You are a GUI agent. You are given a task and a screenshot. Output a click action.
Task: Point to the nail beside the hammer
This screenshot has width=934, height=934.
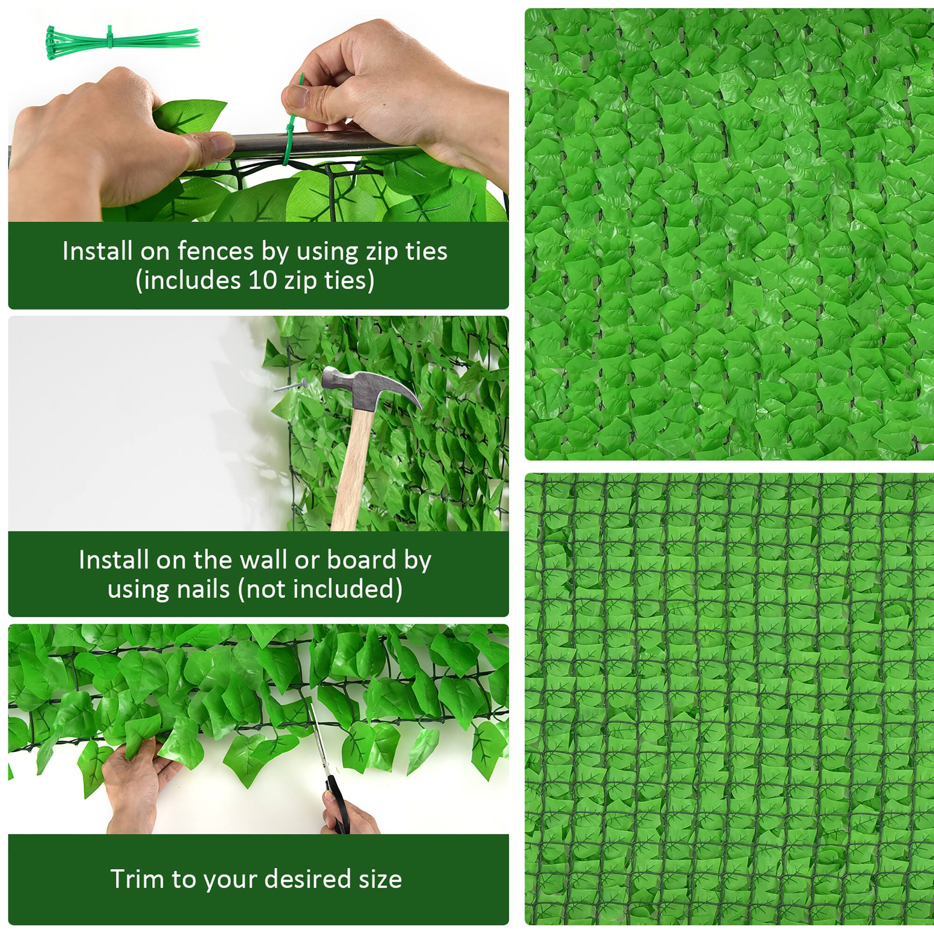(290, 385)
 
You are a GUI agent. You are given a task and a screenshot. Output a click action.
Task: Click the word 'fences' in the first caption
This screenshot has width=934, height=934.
(215, 251)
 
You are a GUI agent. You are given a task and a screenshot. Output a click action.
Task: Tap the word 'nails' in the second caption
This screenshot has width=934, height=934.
(203, 589)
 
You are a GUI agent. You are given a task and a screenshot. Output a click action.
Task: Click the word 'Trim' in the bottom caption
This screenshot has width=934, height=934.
(137, 879)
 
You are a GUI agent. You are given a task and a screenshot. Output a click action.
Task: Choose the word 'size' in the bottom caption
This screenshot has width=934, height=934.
(380, 879)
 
